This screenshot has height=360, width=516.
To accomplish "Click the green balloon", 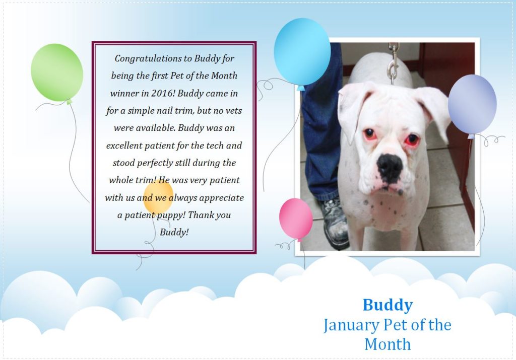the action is pos(57,73).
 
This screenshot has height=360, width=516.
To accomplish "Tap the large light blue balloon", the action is pos(302,52).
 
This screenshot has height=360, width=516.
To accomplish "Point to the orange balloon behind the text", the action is pos(158,197).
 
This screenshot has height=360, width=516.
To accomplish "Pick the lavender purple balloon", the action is pos(472,104).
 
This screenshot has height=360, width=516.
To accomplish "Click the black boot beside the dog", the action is pos(334,224).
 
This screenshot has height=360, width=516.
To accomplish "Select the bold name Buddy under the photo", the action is pos(388,305).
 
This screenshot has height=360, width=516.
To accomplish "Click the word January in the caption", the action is pos(351,325).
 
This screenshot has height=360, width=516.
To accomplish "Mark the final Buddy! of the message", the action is pos(174,232).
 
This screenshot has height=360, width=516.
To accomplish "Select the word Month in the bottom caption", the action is pos(388,344).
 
